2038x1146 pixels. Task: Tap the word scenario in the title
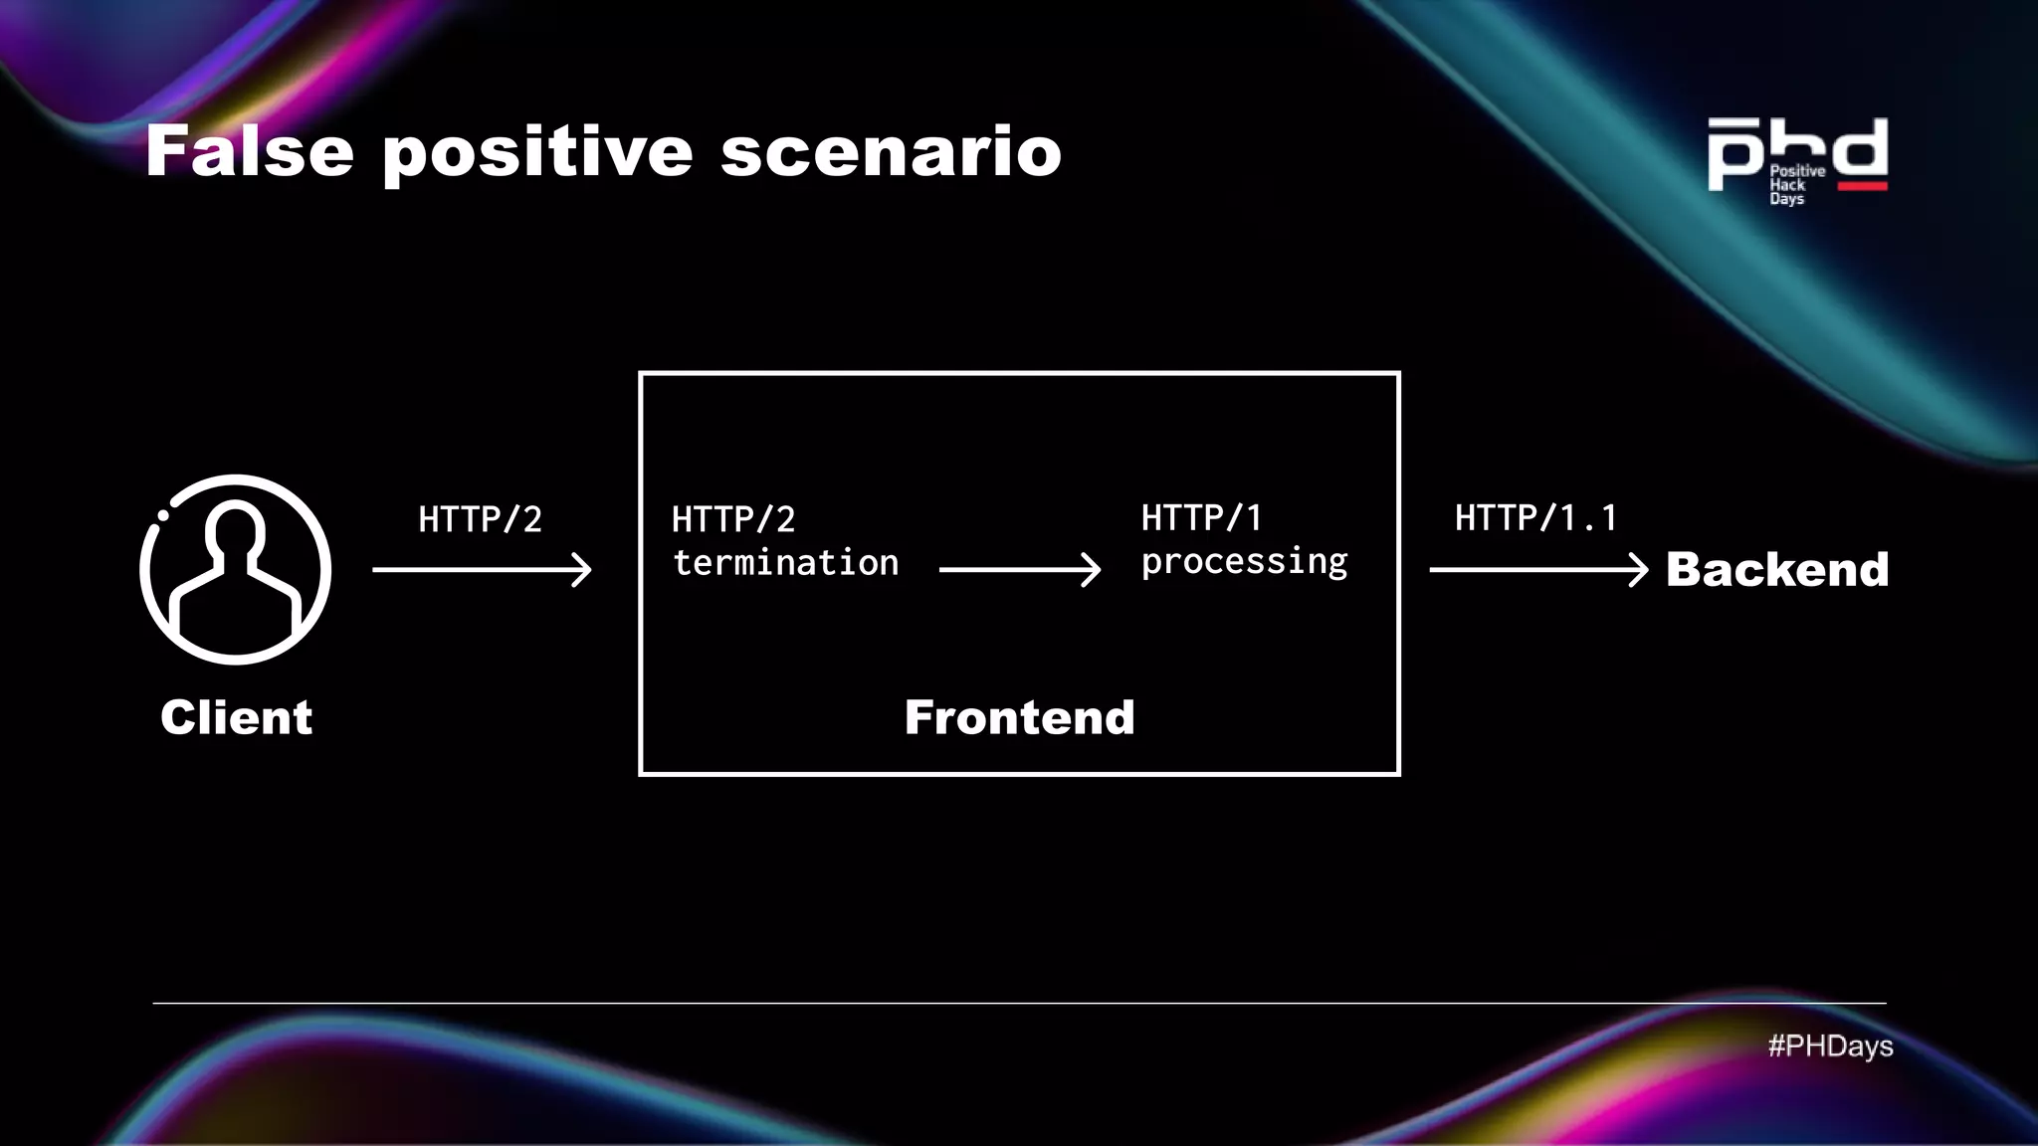tap(891, 152)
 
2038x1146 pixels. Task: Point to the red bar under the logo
tap(1862, 186)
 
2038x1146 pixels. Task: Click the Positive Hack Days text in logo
tap(1795, 185)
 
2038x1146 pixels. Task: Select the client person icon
tap(236, 569)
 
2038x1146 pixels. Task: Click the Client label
tap(236, 717)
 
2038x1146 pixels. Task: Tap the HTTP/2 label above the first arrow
tap(480, 519)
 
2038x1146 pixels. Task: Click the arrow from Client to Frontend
tap(482, 570)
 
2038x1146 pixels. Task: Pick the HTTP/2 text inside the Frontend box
tap(733, 519)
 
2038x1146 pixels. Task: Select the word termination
tap(785, 563)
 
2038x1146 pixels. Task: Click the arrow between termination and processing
tap(1019, 570)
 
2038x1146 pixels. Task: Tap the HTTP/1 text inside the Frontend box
tap(1201, 517)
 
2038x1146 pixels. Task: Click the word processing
tap(1244, 562)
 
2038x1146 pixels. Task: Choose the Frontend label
tap(1019, 717)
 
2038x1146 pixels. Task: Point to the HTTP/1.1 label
tap(1535, 517)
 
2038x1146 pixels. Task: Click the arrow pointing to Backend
tap(1538, 570)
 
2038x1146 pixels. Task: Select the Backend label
tap(1777, 570)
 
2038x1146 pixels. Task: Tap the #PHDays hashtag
tap(1830, 1046)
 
